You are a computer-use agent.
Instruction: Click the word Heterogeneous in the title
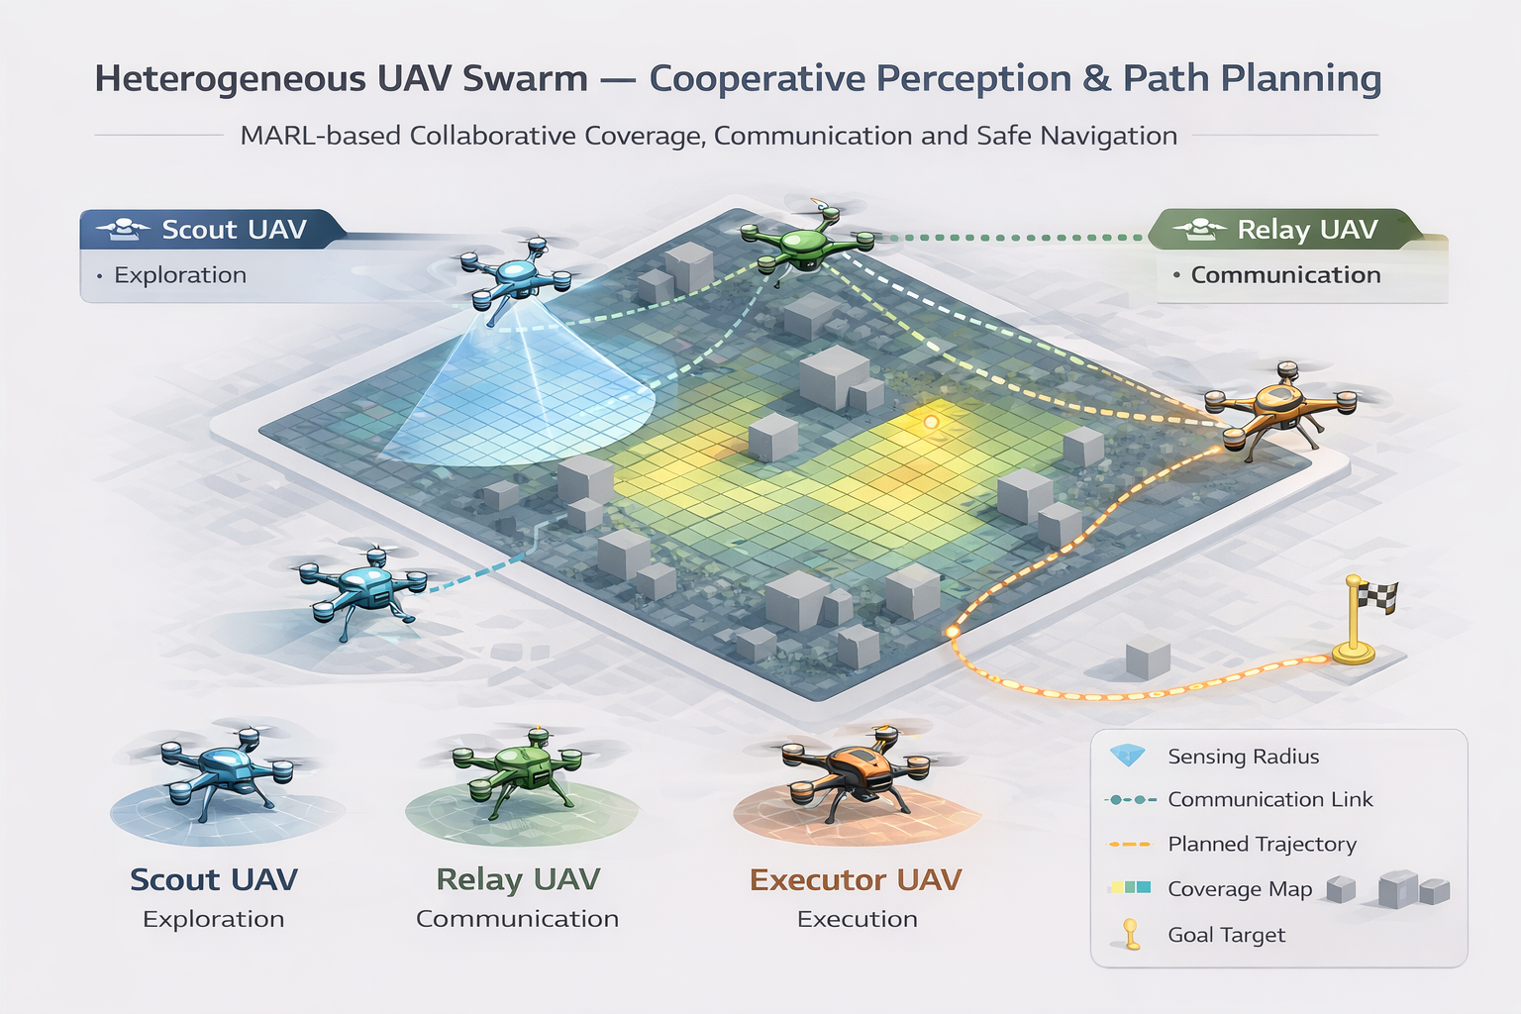click(x=230, y=80)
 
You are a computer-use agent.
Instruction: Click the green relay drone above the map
click(x=808, y=241)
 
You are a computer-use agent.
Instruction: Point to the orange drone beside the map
click(x=1280, y=411)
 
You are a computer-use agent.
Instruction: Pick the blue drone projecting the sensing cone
click(x=516, y=275)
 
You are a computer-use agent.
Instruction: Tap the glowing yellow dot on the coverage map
click(x=931, y=423)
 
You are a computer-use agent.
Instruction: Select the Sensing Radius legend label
click(x=1244, y=756)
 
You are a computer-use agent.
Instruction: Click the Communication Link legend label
click(x=1269, y=799)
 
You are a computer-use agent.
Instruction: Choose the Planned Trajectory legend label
click(x=1262, y=845)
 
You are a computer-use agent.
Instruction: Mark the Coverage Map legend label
click(x=1240, y=889)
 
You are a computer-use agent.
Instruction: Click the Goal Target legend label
click(x=1226, y=935)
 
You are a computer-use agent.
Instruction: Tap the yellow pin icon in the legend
click(x=1131, y=934)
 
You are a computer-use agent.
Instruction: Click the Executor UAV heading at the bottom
click(x=856, y=880)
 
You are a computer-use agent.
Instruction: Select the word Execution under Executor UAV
click(x=857, y=919)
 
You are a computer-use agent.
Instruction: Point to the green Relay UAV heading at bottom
click(x=518, y=880)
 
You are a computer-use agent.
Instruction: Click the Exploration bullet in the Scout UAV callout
click(x=180, y=275)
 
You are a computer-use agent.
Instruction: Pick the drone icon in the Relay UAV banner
click(x=1200, y=230)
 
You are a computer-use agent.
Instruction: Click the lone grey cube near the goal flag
click(x=1148, y=658)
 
